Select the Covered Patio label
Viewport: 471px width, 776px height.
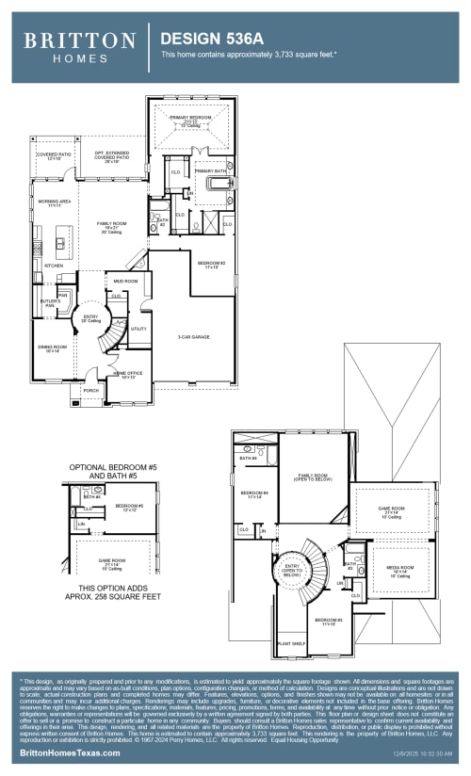[x=54, y=156]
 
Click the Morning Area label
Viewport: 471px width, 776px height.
[x=52, y=203]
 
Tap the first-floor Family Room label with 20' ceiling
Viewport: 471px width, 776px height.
[x=111, y=226]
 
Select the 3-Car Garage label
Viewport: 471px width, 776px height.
[x=193, y=336]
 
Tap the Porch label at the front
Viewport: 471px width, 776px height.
[x=91, y=390]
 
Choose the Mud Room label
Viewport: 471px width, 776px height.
[x=126, y=282]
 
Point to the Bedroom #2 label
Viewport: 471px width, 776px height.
[x=211, y=265]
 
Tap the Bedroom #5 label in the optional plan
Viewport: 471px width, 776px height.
[x=129, y=507]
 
